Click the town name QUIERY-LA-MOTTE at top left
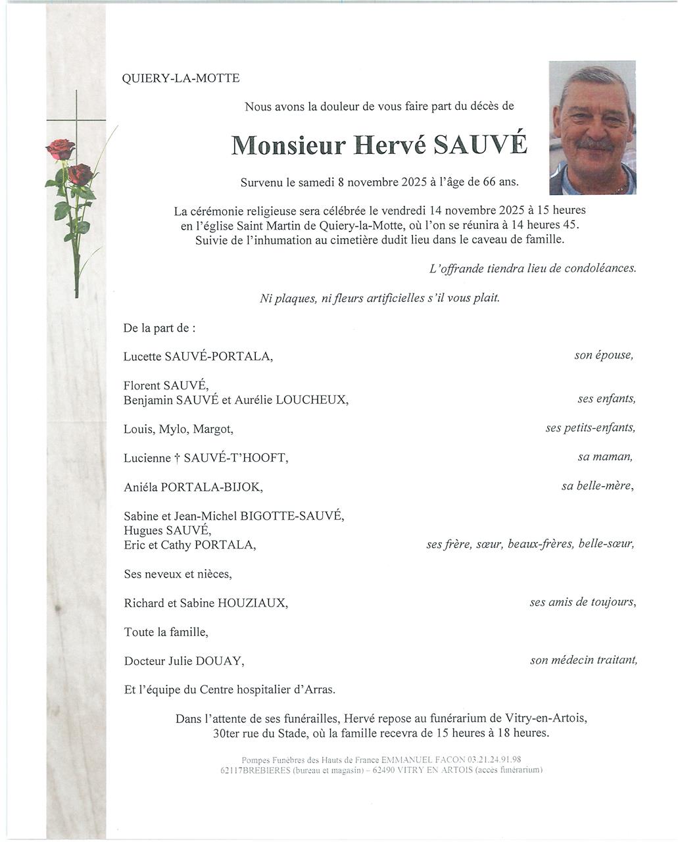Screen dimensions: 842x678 [181, 79]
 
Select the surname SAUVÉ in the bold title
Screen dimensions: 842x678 [480, 145]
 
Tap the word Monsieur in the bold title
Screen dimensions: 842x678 [288, 145]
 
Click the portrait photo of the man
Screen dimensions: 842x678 [593, 128]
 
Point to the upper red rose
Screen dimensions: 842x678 [61, 149]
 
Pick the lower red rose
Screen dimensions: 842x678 [80, 174]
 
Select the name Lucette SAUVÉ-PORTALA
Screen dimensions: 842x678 [198, 357]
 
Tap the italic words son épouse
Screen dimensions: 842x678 [604, 355]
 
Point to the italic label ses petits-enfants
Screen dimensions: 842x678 [590, 428]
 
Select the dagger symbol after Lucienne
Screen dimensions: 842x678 [178, 458]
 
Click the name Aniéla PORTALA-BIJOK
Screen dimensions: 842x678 [193, 487]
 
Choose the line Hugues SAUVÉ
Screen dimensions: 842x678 [167, 530]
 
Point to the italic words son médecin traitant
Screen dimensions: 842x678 [583, 660]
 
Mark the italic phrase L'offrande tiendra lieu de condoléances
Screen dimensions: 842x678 [532, 268]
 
